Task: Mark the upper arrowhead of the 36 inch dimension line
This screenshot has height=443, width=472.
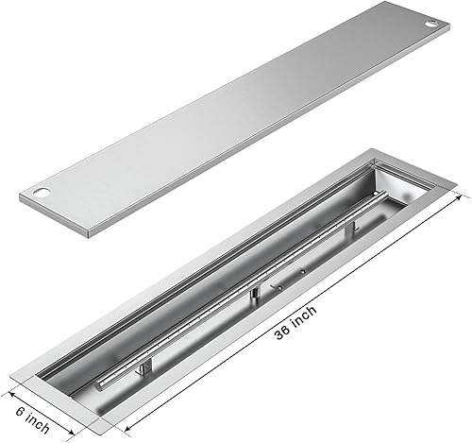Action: tap(464, 196)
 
